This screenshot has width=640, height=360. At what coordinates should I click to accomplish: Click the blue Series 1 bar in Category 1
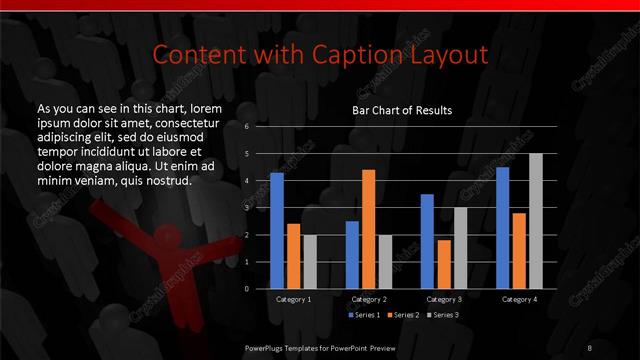pos(277,231)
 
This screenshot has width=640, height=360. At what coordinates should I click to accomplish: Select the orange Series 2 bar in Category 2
pos(368,229)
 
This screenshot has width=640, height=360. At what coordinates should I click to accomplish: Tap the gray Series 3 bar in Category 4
pos(535,221)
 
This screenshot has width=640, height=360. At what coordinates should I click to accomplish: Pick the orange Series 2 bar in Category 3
pos(444,264)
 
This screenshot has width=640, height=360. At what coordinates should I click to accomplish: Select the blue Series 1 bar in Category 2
pos(352,255)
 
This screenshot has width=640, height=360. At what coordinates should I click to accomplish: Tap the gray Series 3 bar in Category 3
pos(460,248)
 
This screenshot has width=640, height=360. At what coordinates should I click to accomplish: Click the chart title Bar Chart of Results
pos(402,110)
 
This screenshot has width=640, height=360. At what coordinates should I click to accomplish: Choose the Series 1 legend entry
pos(364,315)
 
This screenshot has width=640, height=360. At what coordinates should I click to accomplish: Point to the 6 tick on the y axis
pos(247,127)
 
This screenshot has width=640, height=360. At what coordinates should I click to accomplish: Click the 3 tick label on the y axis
pos(247,208)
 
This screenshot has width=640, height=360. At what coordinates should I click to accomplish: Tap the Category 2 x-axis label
pos(368,299)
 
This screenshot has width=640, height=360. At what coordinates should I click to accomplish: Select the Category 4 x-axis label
pos(519,299)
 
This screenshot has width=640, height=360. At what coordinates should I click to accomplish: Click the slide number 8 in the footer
pos(590,347)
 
